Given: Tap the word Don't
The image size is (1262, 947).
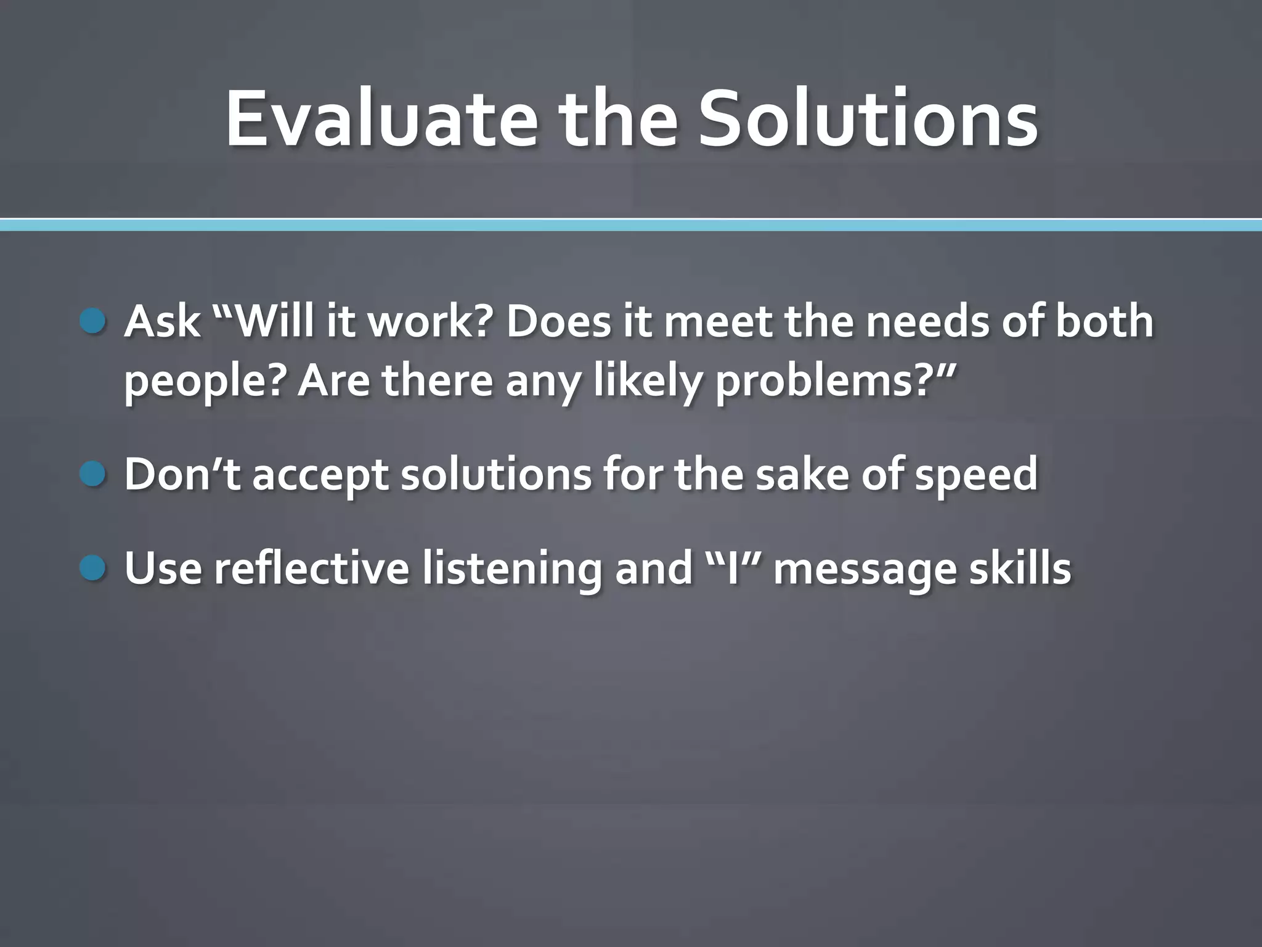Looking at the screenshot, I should pos(182,474).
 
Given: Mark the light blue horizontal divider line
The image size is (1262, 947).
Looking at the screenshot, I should pos(631,225).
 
